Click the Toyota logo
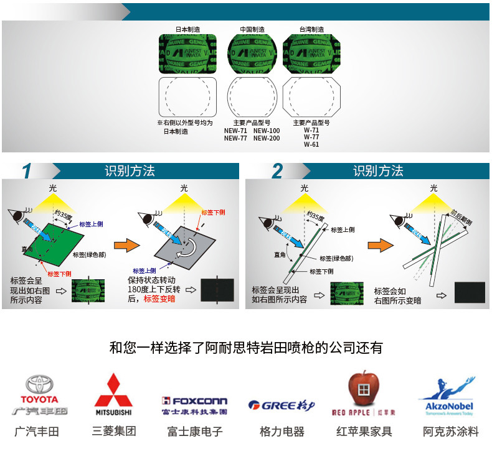[x=39, y=395]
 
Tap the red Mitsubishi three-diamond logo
[x=113, y=389]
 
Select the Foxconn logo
[x=194, y=402]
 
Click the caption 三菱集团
[x=113, y=431]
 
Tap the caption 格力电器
[x=281, y=431]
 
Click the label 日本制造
[x=187, y=29]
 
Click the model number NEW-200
[x=267, y=138]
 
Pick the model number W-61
[x=311, y=145]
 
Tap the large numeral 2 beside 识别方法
[x=277, y=171]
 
